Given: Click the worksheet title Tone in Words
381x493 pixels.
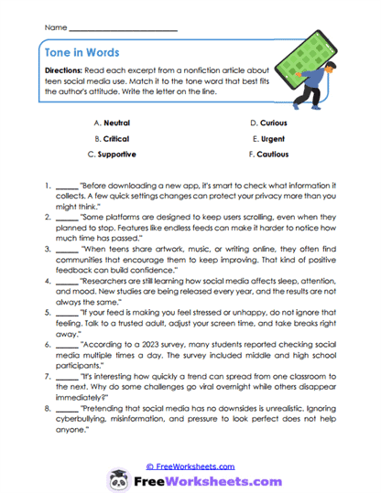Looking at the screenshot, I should [x=82, y=53].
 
